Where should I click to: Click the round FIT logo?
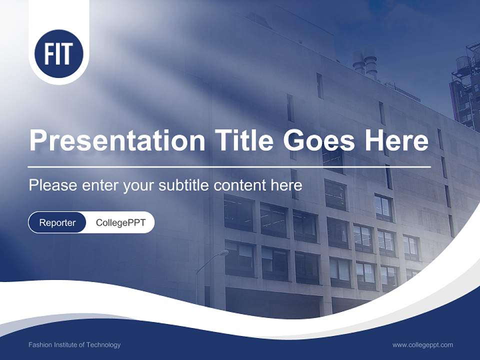58,54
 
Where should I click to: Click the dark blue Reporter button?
57,222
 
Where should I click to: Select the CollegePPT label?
120,222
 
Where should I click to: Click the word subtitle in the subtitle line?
184,185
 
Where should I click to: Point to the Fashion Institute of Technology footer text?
74,344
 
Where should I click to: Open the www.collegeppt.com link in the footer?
422,344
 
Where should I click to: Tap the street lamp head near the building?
222,253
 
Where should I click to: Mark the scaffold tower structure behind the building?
465,85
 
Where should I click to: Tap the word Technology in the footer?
103,344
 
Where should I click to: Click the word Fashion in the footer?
39,344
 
